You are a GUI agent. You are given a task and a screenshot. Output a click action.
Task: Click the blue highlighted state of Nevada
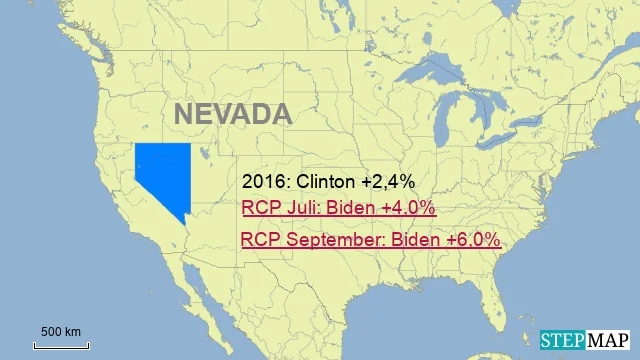[x=160, y=175]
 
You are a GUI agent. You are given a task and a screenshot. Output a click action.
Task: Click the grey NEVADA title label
[x=233, y=114]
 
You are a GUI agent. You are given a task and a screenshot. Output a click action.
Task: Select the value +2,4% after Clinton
[x=390, y=182]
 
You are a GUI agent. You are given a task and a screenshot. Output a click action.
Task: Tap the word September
[x=335, y=241]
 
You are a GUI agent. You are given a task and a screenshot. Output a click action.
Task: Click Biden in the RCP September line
[x=416, y=241]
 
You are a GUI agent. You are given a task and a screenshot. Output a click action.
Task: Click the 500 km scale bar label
[x=61, y=332]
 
